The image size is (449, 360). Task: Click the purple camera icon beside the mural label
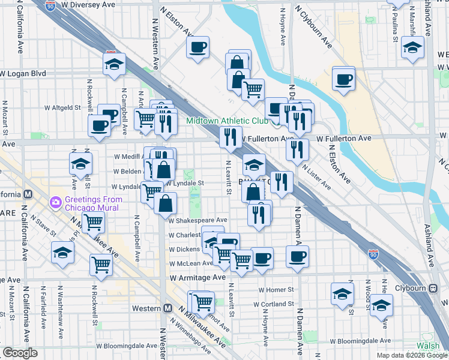point(56,202)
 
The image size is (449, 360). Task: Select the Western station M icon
point(168,308)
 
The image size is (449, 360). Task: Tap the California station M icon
point(28,194)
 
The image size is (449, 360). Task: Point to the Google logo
point(20,353)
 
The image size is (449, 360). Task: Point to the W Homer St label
point(276,290)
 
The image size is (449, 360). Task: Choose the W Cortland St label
point(273,304)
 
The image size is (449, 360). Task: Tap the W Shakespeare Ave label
point(197,220)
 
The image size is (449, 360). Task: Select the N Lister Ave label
point(316,176)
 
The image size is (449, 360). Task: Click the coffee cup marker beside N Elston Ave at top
point(197,47)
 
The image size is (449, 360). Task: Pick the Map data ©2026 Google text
point(411,355)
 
